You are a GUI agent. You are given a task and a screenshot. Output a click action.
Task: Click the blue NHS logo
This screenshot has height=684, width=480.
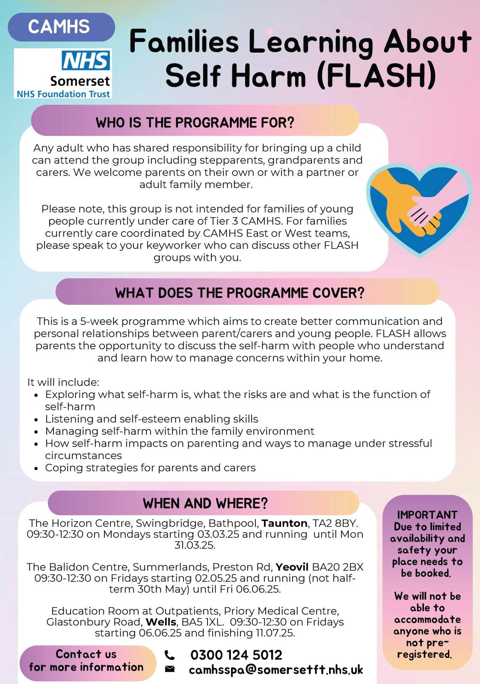(x=86, y=61)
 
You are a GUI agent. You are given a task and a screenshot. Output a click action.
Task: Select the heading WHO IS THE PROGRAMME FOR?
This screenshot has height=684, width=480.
(x=195, y=123)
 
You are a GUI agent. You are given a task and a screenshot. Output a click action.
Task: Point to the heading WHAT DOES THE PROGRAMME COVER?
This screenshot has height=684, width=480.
(x=240, y=293)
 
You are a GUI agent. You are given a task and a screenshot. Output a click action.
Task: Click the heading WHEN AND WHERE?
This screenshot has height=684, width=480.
(x=205, y=503)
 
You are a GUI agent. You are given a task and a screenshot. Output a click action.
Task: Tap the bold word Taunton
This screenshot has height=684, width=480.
(x=284, y=523)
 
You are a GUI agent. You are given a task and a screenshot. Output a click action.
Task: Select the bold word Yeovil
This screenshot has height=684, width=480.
(x=292, y=567)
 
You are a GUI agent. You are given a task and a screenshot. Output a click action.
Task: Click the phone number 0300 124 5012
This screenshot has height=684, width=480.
(x=236, y=655)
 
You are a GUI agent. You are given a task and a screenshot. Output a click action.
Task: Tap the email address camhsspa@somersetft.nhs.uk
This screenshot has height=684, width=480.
(x=276, y=669)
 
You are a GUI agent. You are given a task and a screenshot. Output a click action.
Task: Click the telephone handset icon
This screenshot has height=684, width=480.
(x=170, y=655)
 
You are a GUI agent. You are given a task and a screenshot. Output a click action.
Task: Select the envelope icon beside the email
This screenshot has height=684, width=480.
(x=170, y=669)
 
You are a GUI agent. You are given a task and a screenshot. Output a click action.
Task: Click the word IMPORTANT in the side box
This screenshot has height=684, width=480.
(x=427, y=515)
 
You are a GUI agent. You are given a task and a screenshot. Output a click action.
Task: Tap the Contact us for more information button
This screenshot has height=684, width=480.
(x=86, y=661)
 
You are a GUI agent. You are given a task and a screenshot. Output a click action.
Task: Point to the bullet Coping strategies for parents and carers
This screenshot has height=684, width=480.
(x=150, y=468)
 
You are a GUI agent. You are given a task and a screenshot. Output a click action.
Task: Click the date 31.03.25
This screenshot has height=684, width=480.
(x=195, y=545)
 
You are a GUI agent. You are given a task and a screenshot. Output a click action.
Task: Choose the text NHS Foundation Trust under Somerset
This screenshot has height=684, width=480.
(x=63, y=94)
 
